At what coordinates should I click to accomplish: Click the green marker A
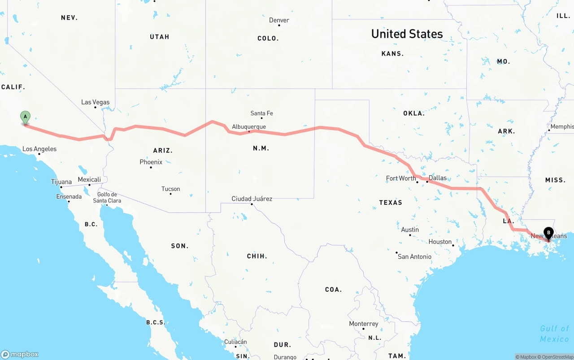click(x=26, y=117)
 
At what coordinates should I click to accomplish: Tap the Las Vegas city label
click(x=95, y=102)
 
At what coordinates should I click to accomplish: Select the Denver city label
click(x=279, y=20)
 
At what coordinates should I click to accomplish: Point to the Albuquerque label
click(x=249, y=127)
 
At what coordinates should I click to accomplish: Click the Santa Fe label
click(x=261, y=113)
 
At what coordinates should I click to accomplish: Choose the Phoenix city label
click(x=151, y=162)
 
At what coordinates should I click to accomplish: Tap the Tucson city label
click(x=170, y=189)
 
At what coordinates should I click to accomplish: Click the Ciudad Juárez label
click(x=252, y=199)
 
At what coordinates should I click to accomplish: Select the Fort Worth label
click(x=401, y=178)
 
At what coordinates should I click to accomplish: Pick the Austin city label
click(x=410, y=230)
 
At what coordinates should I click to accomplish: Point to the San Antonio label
click(x=414, y=256)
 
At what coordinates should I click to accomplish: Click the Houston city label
click(x=440, y=242)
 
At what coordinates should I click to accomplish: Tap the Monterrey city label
click(x=364, y=324)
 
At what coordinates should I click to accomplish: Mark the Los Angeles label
click(x=39, y=149)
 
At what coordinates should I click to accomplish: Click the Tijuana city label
click(x=61, y=182)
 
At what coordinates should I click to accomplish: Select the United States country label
click(x=407, y=34)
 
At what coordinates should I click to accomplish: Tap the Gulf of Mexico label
click(x=554, y=334)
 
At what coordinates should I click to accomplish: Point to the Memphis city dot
click(x=549, y=130)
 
